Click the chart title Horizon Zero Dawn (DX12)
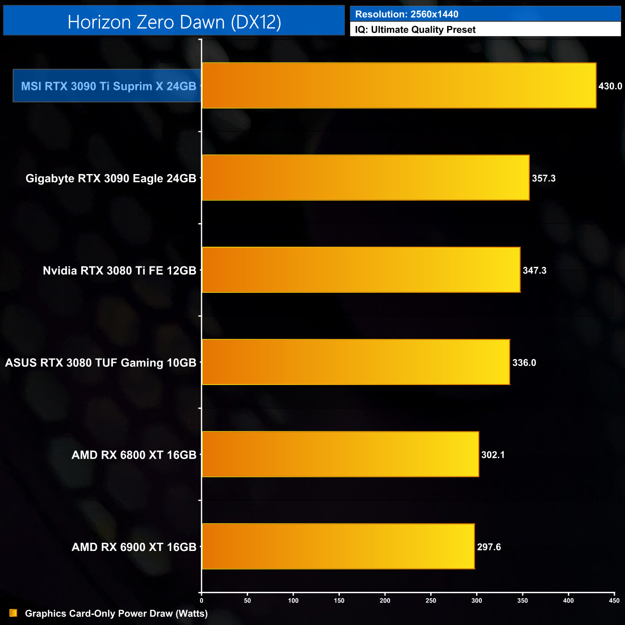(174, 22)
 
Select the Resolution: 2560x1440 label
(407, 14)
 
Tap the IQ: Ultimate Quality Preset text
(415, 30)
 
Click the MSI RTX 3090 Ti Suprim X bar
(399, 86)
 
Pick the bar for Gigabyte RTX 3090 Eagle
(365, 178)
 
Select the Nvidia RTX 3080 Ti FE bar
(361, 270)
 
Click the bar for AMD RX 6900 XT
(338, 547)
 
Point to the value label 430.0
(610, 86)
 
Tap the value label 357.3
(544, 178)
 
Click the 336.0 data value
(524, 362)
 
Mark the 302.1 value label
(493, 455)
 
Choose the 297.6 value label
(489, 547)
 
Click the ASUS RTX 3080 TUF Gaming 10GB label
(100, 362)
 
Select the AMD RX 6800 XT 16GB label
(134, 455)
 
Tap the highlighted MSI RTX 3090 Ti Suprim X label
(108, 86)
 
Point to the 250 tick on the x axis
(431, 600)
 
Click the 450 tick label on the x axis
(614, 600)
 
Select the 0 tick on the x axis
(201, 600)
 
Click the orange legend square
(13, 613)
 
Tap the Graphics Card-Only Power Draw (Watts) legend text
(116, 613)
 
